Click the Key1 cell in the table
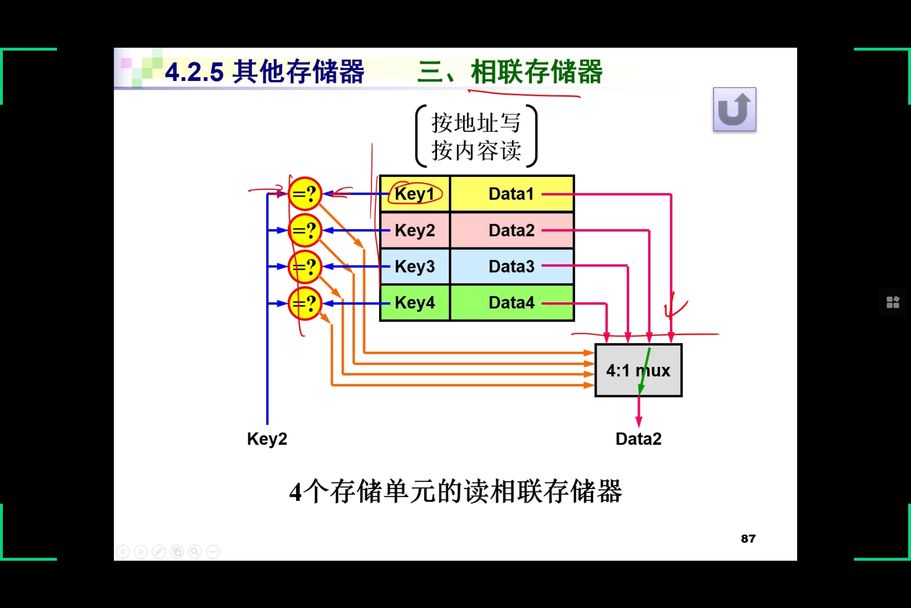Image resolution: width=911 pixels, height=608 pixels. (x=415, y=194)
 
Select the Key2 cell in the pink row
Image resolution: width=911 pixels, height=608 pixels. (x=415, y=231)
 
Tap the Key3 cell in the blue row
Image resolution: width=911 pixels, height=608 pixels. (x=415, y=266)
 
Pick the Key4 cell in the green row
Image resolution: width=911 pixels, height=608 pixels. (x=415, y=303)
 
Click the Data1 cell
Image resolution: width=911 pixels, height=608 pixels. (x=511, y=194)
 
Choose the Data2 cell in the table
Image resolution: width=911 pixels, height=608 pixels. (x=511, y=231)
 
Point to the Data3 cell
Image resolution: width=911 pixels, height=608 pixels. (x=511, y=266)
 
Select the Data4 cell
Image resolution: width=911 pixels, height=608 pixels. (x=511, y=303)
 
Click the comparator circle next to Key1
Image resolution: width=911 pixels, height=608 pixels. (x=305, y=194)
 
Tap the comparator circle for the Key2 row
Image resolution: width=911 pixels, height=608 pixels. (x=305, y=231)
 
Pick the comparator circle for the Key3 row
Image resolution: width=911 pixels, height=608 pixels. (x=305, y=267)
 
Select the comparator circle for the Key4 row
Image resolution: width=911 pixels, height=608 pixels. (x=305, y=304)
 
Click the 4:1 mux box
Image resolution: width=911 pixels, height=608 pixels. (x=638, y=370)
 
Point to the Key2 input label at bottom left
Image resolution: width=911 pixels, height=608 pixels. (x=267, y=439)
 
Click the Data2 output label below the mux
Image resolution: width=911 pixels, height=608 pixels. (x=638, y=439)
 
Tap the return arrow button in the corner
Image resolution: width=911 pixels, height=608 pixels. (x=734, y=109)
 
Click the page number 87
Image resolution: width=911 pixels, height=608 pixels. (x=748, y=539)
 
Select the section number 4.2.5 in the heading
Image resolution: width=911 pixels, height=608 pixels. (x=194, y=72)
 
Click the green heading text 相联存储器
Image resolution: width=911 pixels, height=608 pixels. (x=536, y=72)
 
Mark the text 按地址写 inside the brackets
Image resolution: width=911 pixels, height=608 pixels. (x=476, y=123)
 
